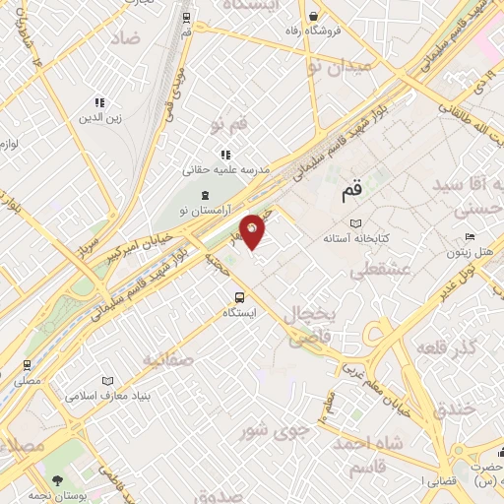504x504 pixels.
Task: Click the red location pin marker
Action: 253,231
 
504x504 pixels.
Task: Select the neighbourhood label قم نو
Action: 231,126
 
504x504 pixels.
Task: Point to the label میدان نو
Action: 340,67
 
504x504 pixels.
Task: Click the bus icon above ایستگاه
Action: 239,297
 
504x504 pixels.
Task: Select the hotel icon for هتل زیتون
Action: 470,238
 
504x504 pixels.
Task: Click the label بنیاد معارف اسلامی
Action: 106,396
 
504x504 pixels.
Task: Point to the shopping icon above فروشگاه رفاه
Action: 313,16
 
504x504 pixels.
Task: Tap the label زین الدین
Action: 99,117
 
